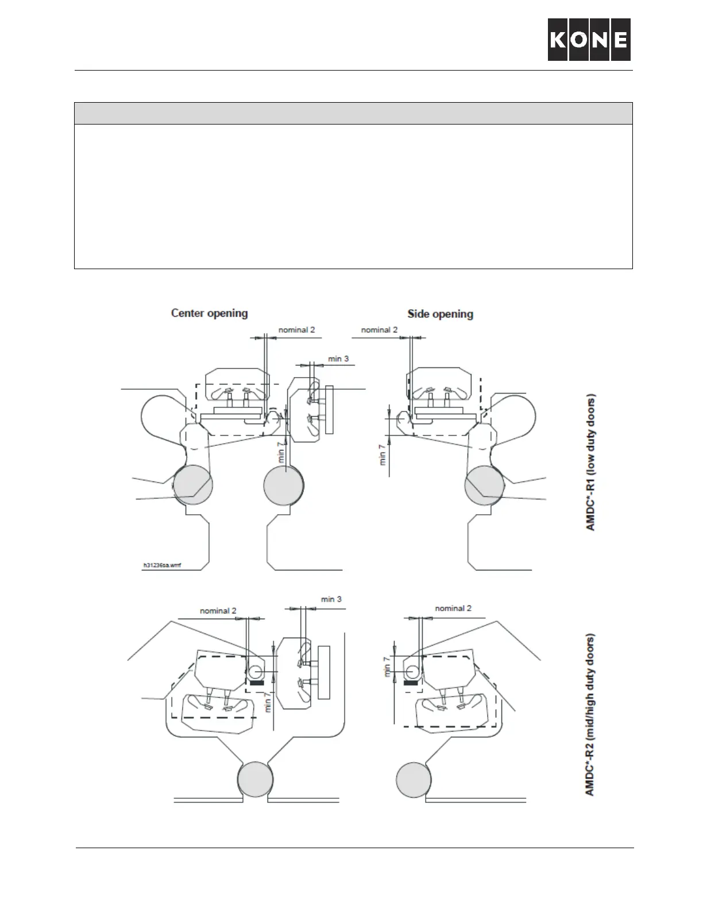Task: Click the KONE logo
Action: pyautogui.click(x=589, y=39)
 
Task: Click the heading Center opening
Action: pyautogui.click(x=210, y=313)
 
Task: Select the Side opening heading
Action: pyautogui.click(x=440, y=314)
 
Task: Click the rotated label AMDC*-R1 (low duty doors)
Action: pyautogui.click(x=590, y=462)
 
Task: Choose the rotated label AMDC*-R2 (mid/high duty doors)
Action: pyautogui.click(x=590, y=714)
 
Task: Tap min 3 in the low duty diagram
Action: pyautogui.click(x=338, y=359)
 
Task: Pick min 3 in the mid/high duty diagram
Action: pyautogui.click(x=331, y=599)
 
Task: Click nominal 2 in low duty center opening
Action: pyautogui.click(x=296, y=330)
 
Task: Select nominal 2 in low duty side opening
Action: pyautogui.click(x=379, y=330)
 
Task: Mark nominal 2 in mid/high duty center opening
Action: pyautogui.click(x=218, y=611)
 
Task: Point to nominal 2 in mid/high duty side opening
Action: pyautogui.click(x=453, y=608)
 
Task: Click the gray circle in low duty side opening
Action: pyautogui.click(x=484, y=485)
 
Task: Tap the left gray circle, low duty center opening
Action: pyautogui.click(x=193, y=485)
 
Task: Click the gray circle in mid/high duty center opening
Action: pyautogui.click(x=256, y=779)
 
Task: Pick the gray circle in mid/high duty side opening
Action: pyautogui.click(x=414, y=779)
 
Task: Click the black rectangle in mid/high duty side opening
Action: pyautogui.click(x=411, y=683)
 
